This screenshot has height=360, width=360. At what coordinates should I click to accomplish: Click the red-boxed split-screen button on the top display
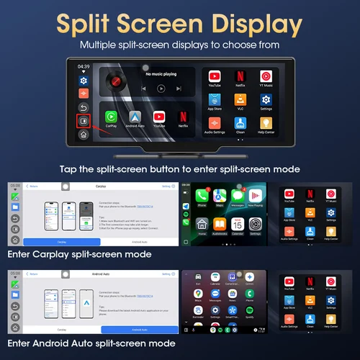coord(84,121)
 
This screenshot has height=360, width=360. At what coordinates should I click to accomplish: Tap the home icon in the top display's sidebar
coord(84,134)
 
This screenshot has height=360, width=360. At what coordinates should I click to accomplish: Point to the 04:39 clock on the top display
coord(84,67)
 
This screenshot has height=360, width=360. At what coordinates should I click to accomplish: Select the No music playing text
coord(161,73)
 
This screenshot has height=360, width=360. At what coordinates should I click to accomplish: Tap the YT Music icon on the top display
coord(266,76)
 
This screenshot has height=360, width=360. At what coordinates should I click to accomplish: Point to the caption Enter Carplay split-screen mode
coord(78,254)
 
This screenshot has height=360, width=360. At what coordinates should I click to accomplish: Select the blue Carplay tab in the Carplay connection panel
coord(62,242)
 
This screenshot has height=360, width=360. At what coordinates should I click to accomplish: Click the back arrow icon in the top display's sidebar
coord(84,107)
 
